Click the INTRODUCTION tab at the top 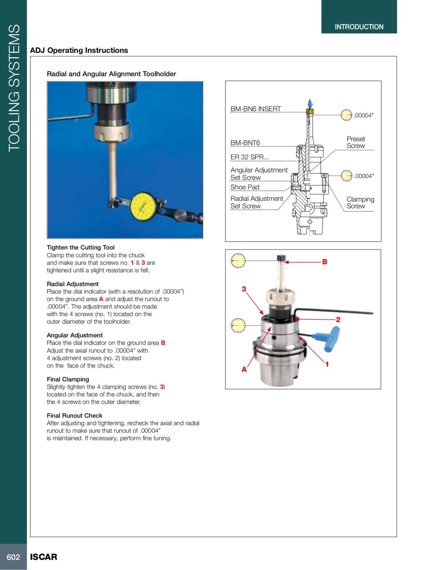click(x=359, y=27)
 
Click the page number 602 click(x=13, y=557)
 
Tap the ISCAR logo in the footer click(x=44, y=557)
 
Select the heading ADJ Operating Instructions click(x=79, y=50)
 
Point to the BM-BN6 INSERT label click(x=256, y=109)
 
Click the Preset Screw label click(x=356, y=142)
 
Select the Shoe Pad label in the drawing click(x=245, y=187)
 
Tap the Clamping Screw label click(x=360, y=203)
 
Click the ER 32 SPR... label click(x=249, y=157)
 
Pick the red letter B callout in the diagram click(x=324, y=262)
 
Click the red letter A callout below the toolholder click(x=244, y=370)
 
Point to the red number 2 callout click(x=338, y=319)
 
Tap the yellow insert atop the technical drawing click(x=310, y=112)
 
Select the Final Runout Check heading click(x=74, y=415)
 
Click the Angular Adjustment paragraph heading click(x=74, y=335)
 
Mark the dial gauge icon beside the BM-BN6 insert click(x=346, y=115)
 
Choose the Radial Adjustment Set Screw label click(x=256, y=202)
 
